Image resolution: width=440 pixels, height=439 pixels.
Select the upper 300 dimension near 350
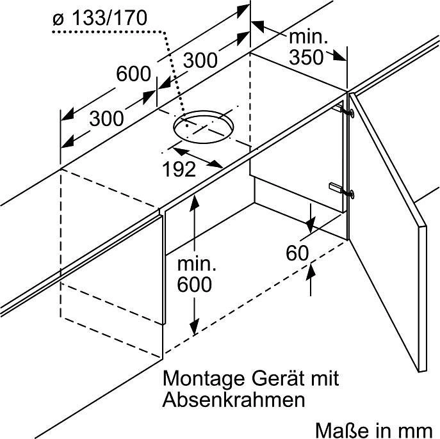(200, 60)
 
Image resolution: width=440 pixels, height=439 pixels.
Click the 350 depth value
(307, 58)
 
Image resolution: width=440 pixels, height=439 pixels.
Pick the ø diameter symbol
(58, 20)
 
